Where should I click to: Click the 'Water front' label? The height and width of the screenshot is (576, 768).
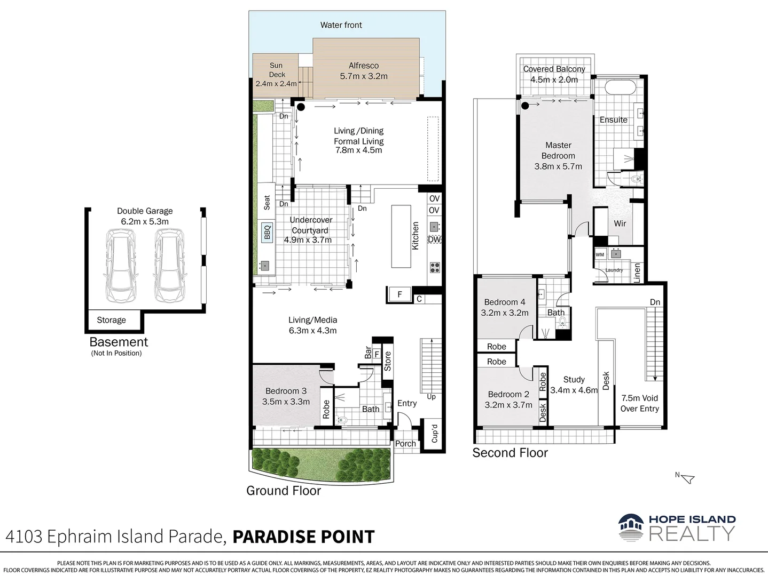click(x=341, y=25)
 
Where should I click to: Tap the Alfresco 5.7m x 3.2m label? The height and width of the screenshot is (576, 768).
click(x=364, y=71)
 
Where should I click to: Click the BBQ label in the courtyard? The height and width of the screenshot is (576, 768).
click(x=267, y=233)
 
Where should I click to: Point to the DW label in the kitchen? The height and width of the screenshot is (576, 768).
click(x=434, y=239)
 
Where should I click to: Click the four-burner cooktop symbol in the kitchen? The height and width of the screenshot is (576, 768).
click(x=435, y=268)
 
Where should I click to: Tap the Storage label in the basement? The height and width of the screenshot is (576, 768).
click(x=111, y=320)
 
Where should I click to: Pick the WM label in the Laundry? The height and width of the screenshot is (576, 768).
click(x=600, y=254)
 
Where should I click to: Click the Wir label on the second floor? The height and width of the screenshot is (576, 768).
click(x=620, y=223)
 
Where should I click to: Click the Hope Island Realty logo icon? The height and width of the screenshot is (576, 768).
click(x=631, y=527)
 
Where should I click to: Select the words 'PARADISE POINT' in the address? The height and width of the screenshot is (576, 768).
click(x=303, y=537)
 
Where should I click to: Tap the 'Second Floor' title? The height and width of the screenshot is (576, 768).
click(x=510, y=453)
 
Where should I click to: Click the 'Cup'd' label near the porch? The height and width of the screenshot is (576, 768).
click(x=434, y=434)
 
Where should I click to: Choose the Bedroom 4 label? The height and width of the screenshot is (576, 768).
click(x=505, y=307)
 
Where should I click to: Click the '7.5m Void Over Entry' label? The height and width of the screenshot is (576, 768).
click(x=639, y=403)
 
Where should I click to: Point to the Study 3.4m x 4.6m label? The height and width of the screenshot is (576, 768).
click(x=574, y=385)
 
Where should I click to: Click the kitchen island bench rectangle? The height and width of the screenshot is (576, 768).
click(x=401, y=236)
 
